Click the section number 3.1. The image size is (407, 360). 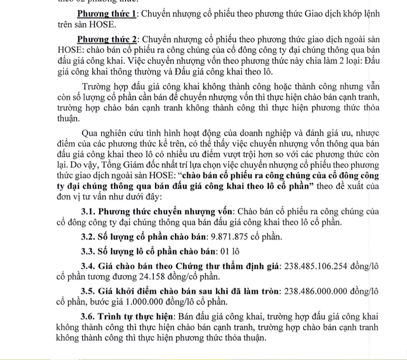click(88, 212)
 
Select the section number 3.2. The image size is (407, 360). click(88, 237)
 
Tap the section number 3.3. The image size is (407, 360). click(88, 251)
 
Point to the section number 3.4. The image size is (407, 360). click(88, 266)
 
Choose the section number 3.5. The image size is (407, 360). click(88, 291)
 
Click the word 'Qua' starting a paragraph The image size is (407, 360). click(90, 132)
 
